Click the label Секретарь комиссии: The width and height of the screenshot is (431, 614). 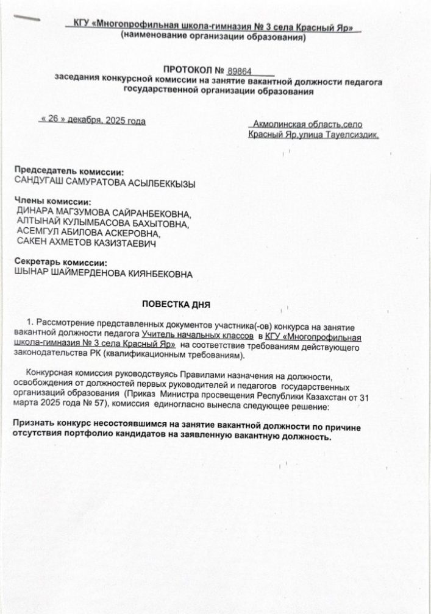(x=62, y=263)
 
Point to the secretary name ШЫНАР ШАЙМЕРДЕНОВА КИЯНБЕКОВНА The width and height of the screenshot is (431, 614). (x=104, y=273)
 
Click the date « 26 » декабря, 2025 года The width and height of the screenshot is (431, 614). (x=91, y=121)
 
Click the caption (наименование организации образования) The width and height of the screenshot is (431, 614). (x=212, y=37)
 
